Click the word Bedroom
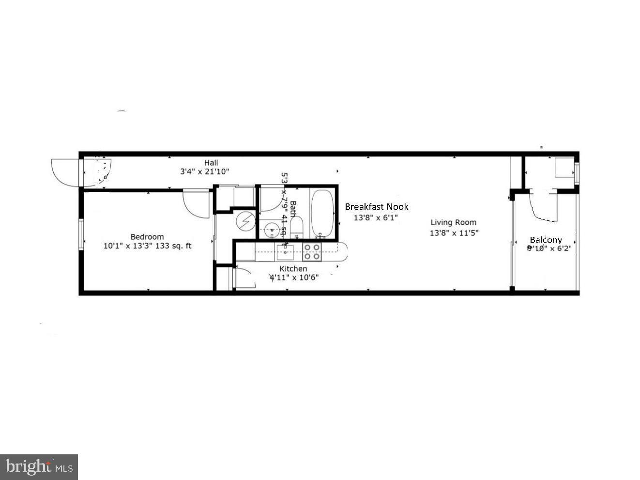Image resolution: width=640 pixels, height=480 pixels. pyautogui.click(x=147, y=237)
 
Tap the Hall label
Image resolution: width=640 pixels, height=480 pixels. pyautogui.click(x=211, y=163)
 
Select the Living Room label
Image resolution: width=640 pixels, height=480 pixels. pyautogui.click(x=454, y=222)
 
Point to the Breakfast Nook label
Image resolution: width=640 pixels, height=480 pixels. pyautogui.click(x=376, y=207)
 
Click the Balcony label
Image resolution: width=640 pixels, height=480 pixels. pyautogui.click(x=546, y=240)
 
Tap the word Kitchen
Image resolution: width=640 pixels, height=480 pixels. pyautogui.click(x=293, y=269)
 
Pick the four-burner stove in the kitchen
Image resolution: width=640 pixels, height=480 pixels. pyautogui.click(x=312, y=251)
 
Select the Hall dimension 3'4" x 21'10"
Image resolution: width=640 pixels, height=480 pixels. pyautogui.click(x=204, y=171)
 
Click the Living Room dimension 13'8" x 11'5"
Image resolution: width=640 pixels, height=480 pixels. pyautogui.click(x=454, y=232)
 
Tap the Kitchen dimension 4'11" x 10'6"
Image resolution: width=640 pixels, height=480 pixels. pyautogui.click(x=294, y=277)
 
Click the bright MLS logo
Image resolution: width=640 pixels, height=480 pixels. pyautogui.click(x=39, y=467)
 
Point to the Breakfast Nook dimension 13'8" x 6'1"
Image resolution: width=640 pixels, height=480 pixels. pyautogui.click(x=376, y=217)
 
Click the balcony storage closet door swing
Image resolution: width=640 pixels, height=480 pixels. pyautogui.click(x=544, y=208)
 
